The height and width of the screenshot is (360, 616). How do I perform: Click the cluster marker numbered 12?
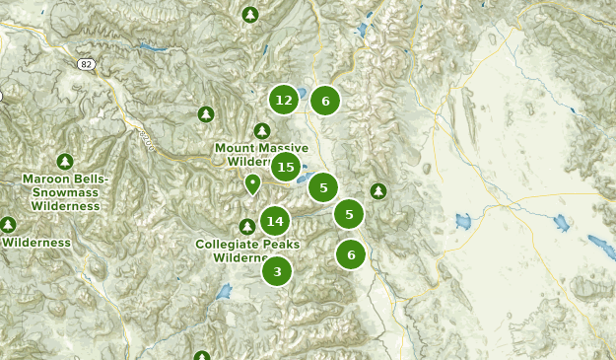click(x=284, y=100)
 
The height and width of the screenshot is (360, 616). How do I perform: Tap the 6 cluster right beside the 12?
click(x=325, y=101)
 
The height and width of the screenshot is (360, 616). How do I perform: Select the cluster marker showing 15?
click(x=286, y=167)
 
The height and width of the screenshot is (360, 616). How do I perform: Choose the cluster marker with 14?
click(x=275, y=221)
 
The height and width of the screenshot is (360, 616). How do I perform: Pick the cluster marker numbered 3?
click(x=277, y=271)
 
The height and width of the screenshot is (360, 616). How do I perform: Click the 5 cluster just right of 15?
click(x=323, y=186)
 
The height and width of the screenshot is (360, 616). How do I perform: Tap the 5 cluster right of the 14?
click(x=349, y=214)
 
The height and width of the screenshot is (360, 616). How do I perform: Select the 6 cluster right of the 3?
click(x=351, y=254)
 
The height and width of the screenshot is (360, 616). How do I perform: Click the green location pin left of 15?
click(x=252, y=183)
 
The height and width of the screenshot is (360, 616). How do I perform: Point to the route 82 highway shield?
click(x=86, y=63)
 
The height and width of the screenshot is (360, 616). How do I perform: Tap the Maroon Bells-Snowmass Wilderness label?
click(x=65, y=192)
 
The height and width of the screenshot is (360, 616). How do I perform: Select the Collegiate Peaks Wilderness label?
click(x=246, y=251)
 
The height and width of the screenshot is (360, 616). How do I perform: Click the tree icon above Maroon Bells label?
click(x=65, y=161)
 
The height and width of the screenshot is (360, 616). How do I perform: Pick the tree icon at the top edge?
click(x=250, y=15)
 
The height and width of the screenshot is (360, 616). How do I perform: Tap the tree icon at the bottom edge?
click(x=202, y=356)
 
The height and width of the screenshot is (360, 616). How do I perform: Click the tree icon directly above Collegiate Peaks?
click(x=247, y=227)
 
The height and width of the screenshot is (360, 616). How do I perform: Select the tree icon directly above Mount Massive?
click(x=262, y=131)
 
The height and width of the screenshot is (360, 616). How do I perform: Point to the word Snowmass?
click(x=64, y=192)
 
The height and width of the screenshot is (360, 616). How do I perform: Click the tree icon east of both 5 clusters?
click(x=377, y=190)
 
